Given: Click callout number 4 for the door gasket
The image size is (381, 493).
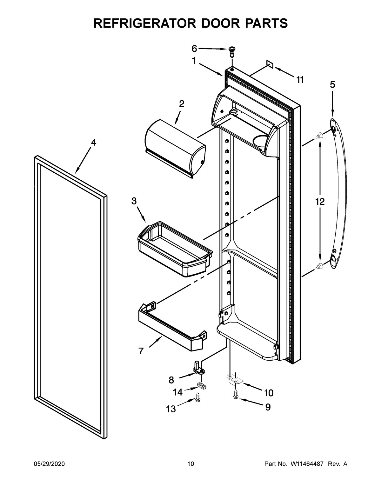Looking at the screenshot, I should pyautogui.click(x=93, y=143).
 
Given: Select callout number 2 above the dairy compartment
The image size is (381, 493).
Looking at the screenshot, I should pyautogui.click(x=182, y=104).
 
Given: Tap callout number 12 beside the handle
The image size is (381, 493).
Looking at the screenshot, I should pyautogui.click(x=320, y=202).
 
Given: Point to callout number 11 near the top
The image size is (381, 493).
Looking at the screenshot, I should pyautogui.click(x=300, y=80).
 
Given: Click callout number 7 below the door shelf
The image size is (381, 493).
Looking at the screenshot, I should pyautogui.click(x=141, y=351).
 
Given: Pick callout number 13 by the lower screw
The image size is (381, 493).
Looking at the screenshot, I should pyautogui.click(x=171, y=409).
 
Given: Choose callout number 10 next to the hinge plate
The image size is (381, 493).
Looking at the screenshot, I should pyautogui.click(x=269, y=393).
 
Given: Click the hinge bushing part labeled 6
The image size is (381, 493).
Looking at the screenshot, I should pyautogui.click(x=232, y=50).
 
